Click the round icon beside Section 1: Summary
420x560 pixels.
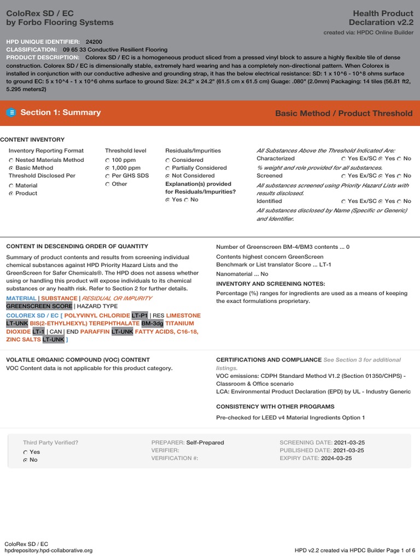(11, 113)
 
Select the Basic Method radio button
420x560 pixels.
(11, 168)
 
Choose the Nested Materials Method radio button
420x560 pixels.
(11, 160)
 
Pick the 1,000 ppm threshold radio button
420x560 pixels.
(107, 168)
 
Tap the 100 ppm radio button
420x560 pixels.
(107, 160)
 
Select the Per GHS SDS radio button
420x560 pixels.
(107, 176)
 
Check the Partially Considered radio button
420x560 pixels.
(167, 168)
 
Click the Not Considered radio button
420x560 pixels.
(167, 176)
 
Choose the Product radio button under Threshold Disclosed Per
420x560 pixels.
(11, 194)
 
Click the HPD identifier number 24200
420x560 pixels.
(94, 42)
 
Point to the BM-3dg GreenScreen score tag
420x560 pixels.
(152, 323)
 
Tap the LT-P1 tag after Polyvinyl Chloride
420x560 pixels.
(139, 316)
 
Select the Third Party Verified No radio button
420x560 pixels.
(25, 460)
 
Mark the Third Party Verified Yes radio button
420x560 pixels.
(25, 453)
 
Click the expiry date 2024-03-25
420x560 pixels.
(336, 458)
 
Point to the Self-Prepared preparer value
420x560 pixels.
(205, 442)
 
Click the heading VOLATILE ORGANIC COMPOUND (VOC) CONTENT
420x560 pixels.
(78, 360)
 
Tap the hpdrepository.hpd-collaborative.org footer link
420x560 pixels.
(48, 550)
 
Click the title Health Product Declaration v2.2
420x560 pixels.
(381, 17)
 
